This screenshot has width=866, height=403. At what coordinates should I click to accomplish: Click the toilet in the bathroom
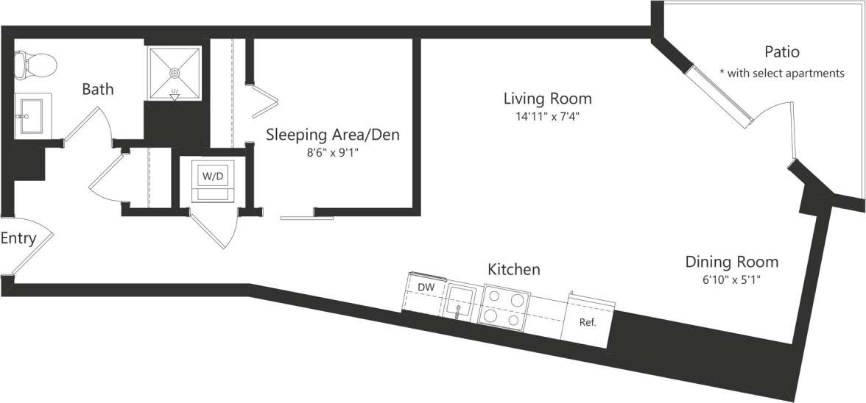[x=36, y=65]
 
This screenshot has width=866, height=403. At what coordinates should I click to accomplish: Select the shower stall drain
[x=175, y=73]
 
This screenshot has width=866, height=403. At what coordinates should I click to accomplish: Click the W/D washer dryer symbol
[x=213, y=176]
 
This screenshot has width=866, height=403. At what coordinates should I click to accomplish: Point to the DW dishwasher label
[x=425, y=287]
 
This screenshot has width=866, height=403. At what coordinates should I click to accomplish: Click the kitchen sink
[x=460, y=300]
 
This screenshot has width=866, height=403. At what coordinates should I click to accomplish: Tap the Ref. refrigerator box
[x=587, y=321]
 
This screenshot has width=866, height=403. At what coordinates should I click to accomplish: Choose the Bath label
[x=97, y=90]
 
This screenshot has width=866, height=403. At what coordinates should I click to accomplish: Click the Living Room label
[x=547, y=98]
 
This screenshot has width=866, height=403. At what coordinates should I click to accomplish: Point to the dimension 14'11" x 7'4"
[x=547, y=116]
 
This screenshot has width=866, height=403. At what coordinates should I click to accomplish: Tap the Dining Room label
[x=731, y=262]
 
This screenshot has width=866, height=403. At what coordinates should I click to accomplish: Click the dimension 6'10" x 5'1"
[x=731, y=280]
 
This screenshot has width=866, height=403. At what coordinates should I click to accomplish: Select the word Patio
[x=781, y=52]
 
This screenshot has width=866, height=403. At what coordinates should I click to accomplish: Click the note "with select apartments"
[x=781, y=73]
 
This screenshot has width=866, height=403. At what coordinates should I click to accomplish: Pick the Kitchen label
[x=513, y=270]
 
